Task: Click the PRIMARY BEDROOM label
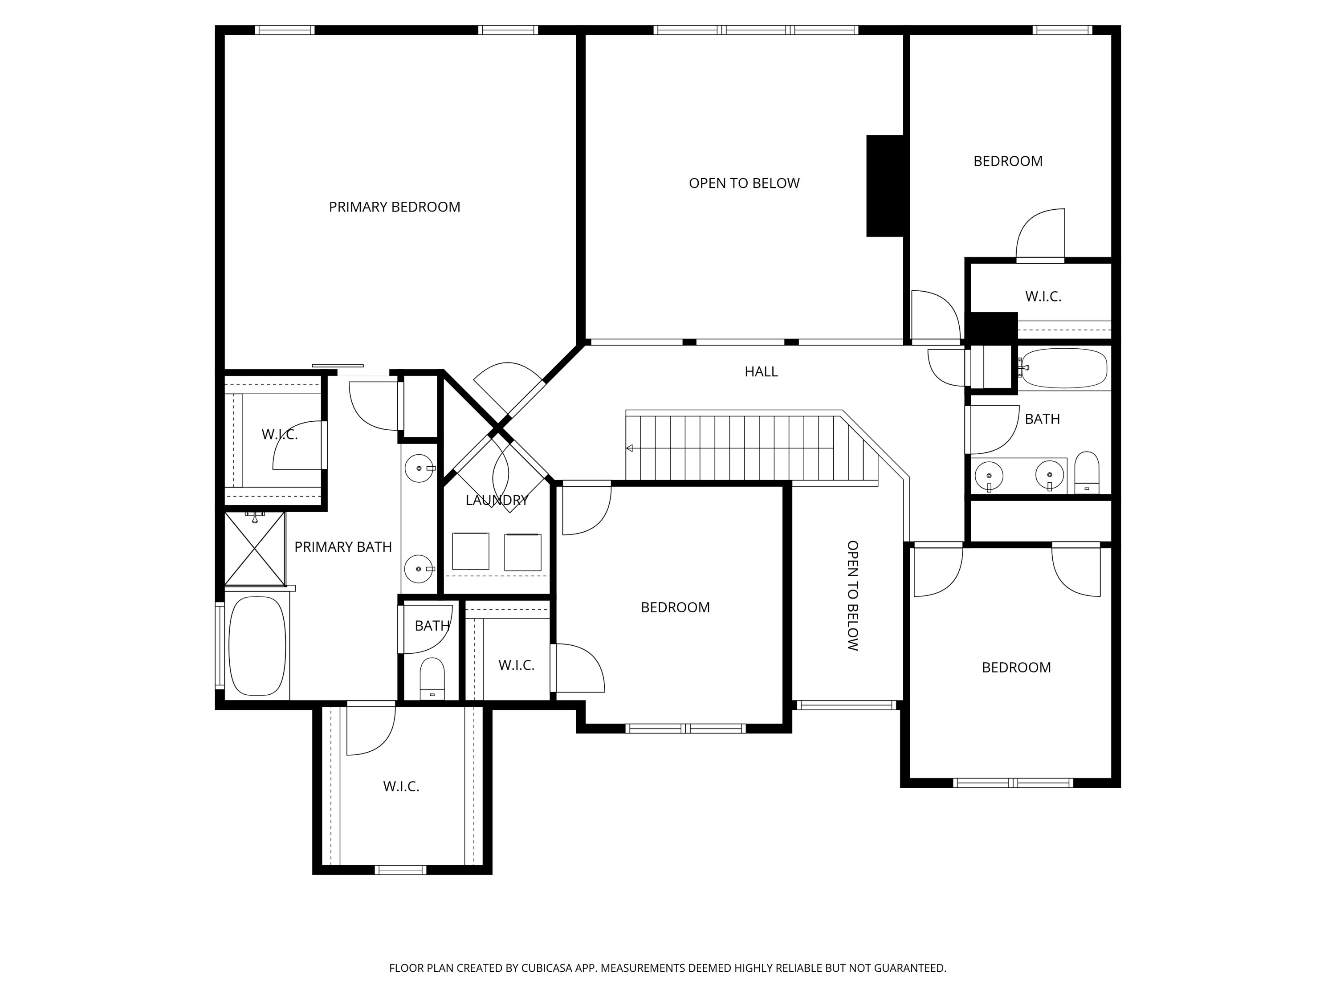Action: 395,207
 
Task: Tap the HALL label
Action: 761,372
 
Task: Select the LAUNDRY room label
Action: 497,500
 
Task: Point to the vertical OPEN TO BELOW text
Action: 852,595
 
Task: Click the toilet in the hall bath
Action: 1087,473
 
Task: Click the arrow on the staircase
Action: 629,448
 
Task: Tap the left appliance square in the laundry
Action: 471,551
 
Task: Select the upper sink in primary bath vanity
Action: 419,468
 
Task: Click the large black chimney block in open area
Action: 885,185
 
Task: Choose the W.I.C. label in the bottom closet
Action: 401,786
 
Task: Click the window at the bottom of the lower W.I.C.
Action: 400,870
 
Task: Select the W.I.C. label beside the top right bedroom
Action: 1043,297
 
